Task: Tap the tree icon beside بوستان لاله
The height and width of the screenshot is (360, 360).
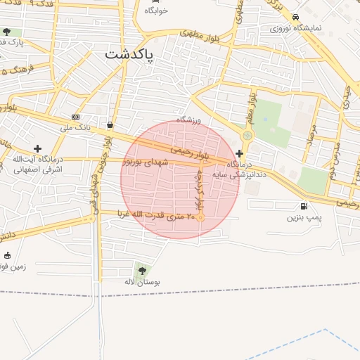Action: pos(143,269)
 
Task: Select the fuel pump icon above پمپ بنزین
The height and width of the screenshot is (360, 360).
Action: pos(304,206)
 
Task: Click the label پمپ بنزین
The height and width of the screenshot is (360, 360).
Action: pos(304,217)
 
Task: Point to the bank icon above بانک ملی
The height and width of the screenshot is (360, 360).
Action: pos(75,117)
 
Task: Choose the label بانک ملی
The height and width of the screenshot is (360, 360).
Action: pos(76,127)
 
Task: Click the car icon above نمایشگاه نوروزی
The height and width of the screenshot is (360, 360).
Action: pos(296,17)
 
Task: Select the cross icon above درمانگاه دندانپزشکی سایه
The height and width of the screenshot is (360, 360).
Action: pos(240,153)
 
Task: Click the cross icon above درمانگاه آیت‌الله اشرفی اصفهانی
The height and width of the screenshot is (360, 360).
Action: pos(38,148)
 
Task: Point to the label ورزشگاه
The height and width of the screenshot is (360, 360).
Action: pos(188,120)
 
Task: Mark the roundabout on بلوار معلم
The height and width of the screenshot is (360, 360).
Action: pos(247,135)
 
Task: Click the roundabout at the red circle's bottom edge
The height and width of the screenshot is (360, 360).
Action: pos(200,218)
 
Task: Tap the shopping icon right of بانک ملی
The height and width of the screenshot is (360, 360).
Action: pos(110,124)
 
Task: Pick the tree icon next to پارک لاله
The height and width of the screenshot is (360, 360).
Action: pos(7,32)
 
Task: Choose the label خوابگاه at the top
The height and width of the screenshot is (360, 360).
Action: pos(156,11)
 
